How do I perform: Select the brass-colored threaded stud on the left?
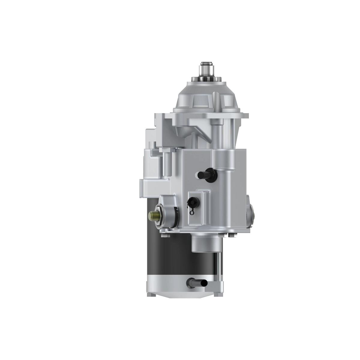coord(154,215)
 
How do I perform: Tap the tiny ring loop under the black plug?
coord(192,212)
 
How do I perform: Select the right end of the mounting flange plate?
coord(244,115)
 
